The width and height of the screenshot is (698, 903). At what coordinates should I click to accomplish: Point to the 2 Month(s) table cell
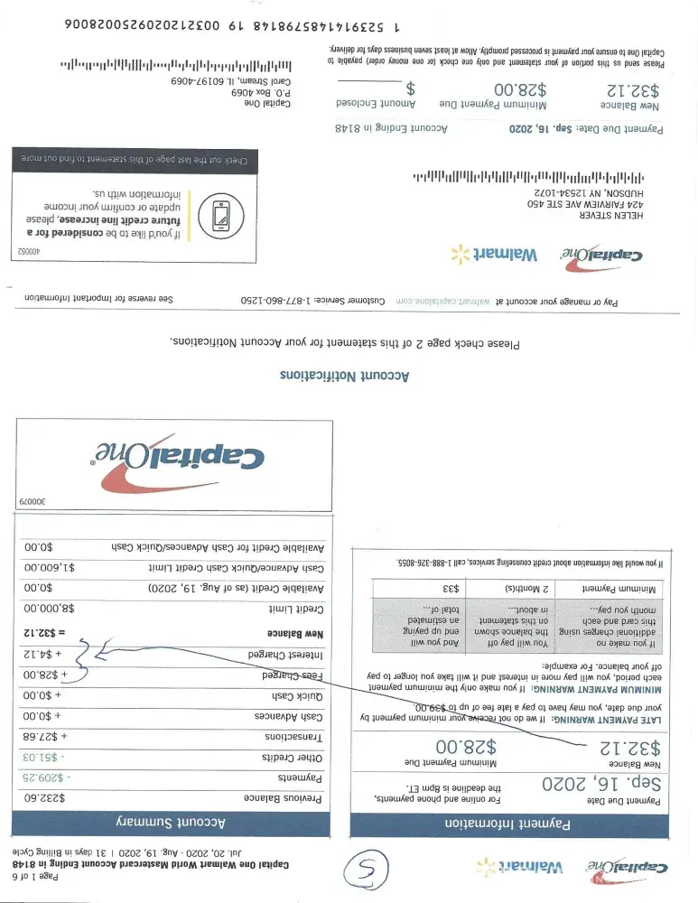pyautogui.click(x=524, y=588)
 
